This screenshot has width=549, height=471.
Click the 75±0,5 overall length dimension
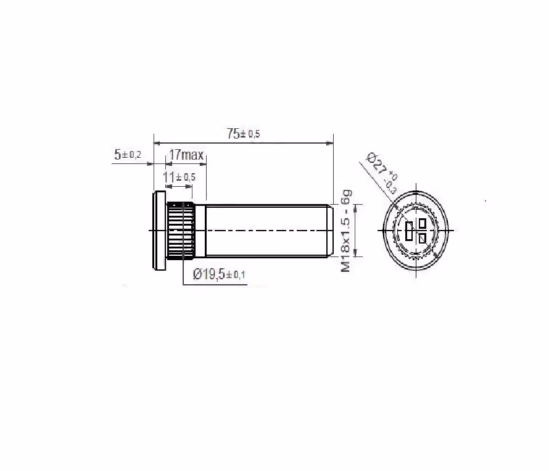[243, 134]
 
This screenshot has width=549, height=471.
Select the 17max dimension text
[186, 155]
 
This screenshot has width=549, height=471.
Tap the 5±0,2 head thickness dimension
[128, 154]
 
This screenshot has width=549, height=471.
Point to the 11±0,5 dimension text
[180, 177]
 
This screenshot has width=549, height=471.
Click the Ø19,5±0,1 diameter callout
[219, 274]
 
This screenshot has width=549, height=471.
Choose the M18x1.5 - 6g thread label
[346, 231]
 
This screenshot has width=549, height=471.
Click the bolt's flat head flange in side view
[159, 231]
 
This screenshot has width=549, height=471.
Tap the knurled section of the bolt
[181, 231]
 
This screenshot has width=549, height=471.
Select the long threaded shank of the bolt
[267, 231]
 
